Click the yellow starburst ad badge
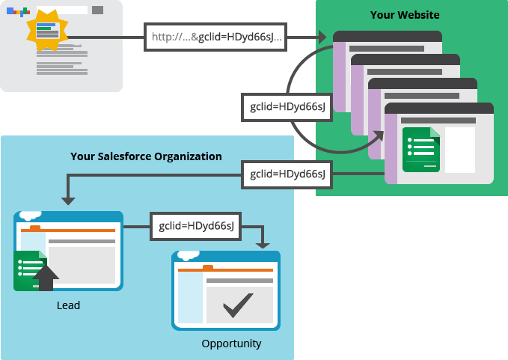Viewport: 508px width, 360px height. tap(47, 30)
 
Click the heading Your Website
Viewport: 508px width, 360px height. tap(405, 15)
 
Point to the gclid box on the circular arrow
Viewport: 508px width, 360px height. tap(287, 107)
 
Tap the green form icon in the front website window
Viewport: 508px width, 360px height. tap(420, 150)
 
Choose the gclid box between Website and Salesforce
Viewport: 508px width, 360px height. tap(287, 174)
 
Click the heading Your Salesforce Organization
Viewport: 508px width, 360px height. tap(146, 156)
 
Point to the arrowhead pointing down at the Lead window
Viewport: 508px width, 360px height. tap(68, 200)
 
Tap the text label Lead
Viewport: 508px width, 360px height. tap(68, 305)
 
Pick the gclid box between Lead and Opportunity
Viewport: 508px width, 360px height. tap(196, 225)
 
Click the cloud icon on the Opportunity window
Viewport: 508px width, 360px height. tap(189, 253)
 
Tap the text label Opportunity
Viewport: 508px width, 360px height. tap(231, 344)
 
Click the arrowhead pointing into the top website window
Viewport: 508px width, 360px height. tap(322, 37)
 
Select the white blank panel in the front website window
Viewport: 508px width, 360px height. tap(460, 149)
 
